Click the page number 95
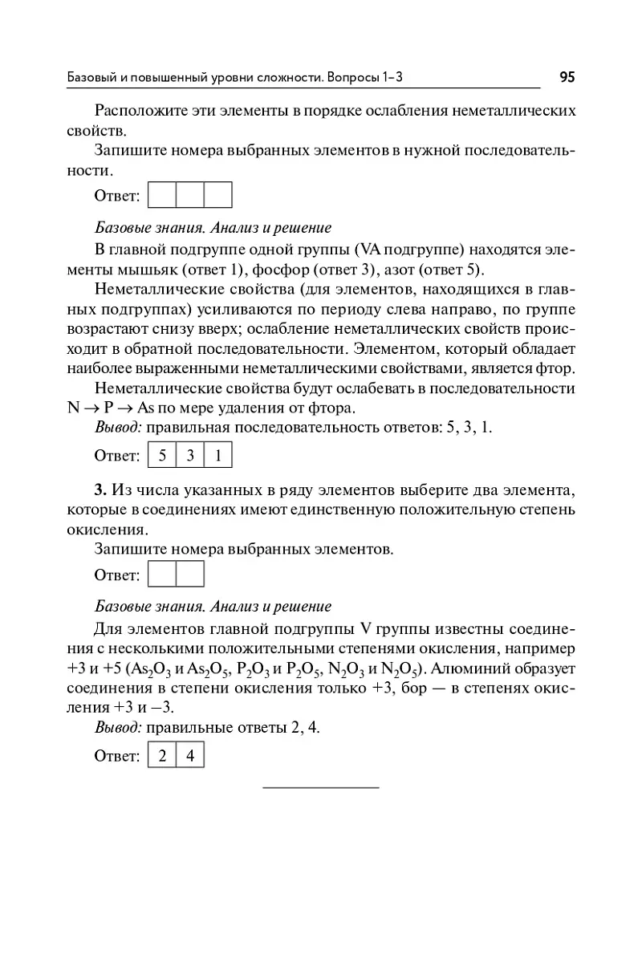[567, 77]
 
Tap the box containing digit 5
[163, 456]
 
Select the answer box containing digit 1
[218, 456]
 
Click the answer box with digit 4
[190, 756]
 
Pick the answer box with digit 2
[162, 756]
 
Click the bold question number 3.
[100, 489]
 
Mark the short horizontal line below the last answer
[321, 788]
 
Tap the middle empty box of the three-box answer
[190, 195]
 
